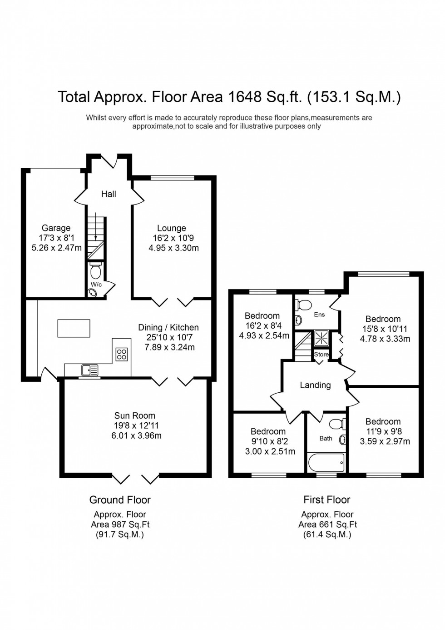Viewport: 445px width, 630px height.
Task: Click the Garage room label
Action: [56, 228]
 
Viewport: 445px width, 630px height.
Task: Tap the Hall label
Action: [109, 194]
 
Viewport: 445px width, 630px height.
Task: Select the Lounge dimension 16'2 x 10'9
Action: [172, 238]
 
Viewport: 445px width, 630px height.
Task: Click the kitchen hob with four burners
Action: [121, 354]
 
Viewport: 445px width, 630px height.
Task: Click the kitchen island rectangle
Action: [74, 328]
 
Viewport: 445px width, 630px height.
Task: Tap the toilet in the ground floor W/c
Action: [95, 271]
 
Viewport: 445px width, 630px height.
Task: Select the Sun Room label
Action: [134, 415]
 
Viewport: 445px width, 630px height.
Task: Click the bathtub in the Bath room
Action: [326, 463]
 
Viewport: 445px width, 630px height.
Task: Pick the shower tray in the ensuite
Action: [321, 339]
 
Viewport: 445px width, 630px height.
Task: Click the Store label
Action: [321, 355]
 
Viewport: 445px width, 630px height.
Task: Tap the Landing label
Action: [315, 385]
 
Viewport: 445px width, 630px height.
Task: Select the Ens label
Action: [319, 315]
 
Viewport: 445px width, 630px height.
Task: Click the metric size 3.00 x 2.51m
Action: [270, 451]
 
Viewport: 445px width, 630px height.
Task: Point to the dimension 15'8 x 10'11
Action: [385, 329]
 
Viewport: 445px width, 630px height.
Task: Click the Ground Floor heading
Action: [120, 500]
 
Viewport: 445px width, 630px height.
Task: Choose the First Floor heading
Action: [326, 500]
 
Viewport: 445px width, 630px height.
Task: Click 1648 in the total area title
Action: [245, 97]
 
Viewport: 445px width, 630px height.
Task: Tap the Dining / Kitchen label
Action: [168, 328]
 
